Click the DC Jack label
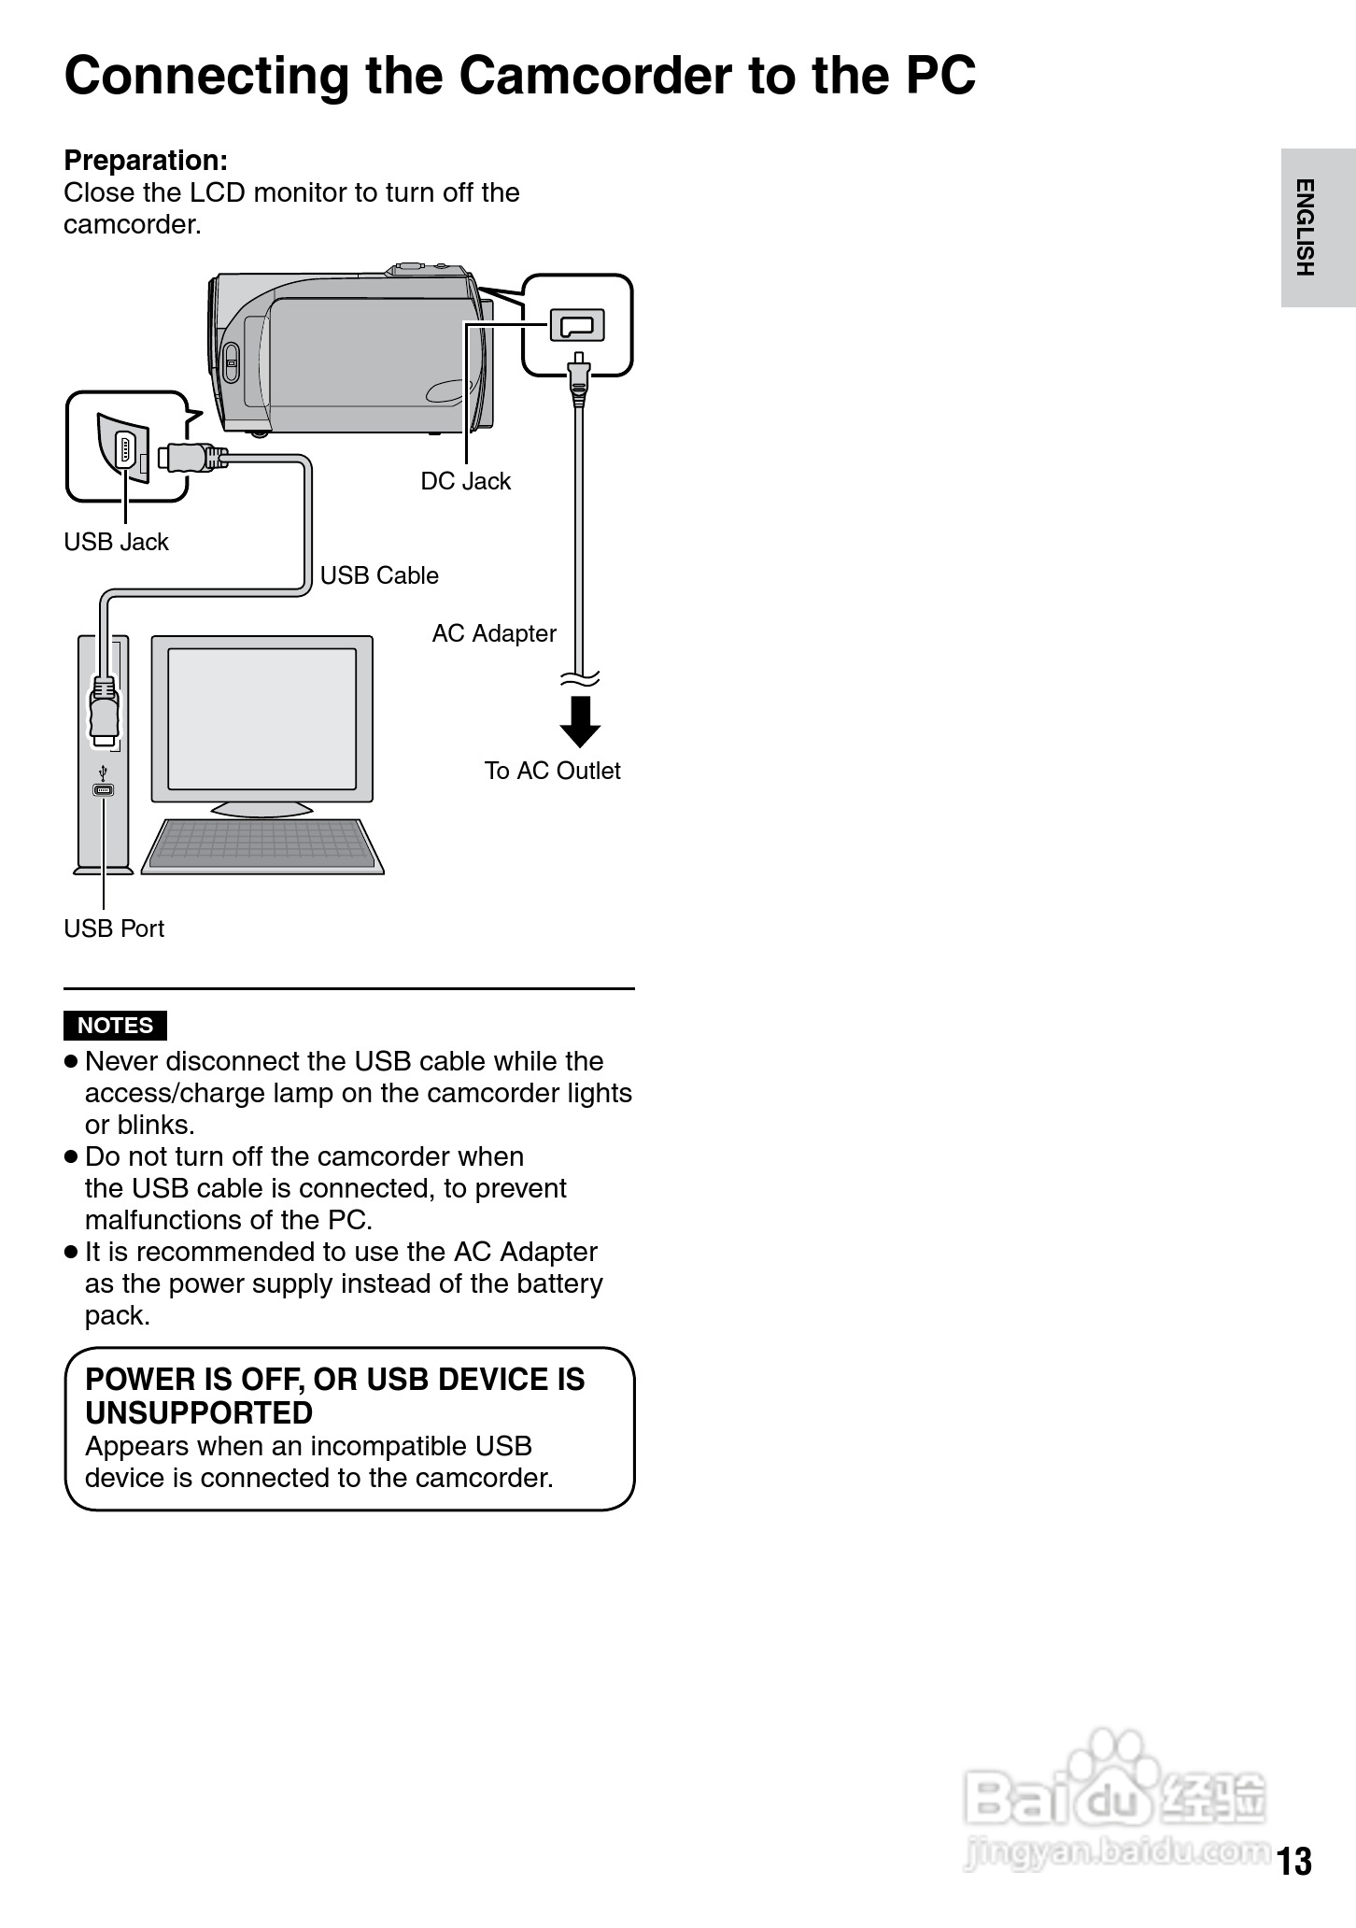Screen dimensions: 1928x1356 (x=465, y=481)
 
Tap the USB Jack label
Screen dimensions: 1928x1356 (x=116, y=542)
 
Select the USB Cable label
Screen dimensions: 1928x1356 (x=378, y=575)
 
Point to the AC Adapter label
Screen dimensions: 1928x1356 (x=493, y=633)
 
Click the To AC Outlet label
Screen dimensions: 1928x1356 (x=552, y=771)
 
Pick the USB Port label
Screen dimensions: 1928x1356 (x=114, y=929)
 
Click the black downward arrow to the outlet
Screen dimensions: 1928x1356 (x=580, y=721)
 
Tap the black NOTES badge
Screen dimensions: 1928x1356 (x=115, y=1026)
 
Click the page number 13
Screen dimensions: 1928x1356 (x=1294, y=1862)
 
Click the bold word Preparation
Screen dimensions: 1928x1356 (x=146, y=161)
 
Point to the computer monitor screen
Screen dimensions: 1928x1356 (x=261, y=717)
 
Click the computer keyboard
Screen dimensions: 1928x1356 (x=262, y=845)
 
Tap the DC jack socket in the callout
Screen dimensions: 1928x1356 (x=577, y=325)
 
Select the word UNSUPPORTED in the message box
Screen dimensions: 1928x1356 (x=198, y=1412)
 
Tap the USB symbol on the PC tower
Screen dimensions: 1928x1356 (x=103, y=774)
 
